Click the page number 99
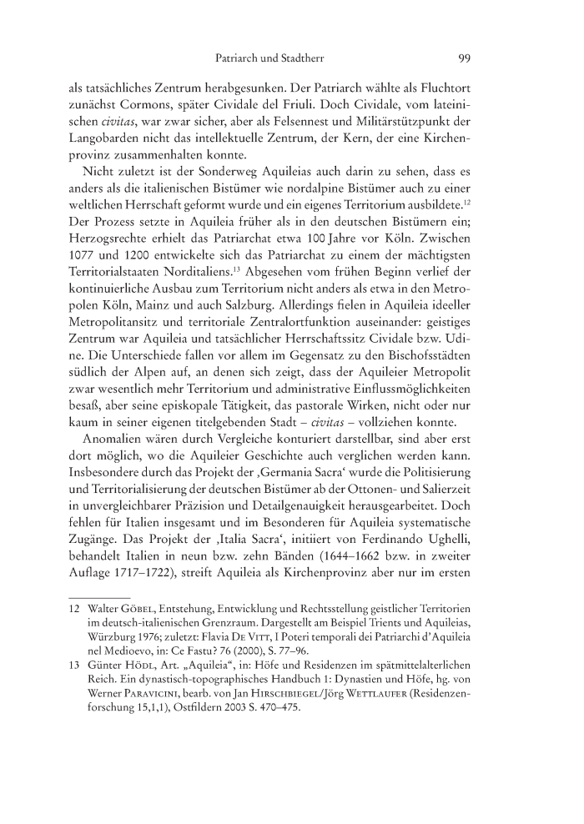point(466,59)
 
